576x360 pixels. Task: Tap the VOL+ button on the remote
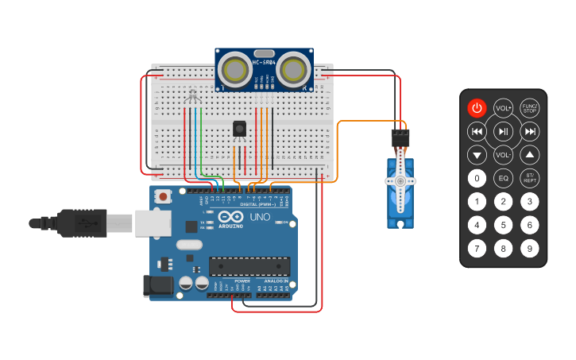(503, 108)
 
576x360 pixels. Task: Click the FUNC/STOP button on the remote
(530, 108)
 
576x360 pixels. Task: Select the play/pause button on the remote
(503, 131)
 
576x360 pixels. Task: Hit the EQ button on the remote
(503, 178)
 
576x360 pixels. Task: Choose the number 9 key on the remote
(530, 249)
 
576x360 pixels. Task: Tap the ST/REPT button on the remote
(530, 178)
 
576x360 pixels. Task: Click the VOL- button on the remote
(503, 154)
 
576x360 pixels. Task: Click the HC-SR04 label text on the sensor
(264, 62)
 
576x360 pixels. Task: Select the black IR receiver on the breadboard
(239, 127)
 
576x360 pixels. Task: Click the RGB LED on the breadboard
(191, 98)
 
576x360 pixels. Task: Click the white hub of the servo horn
(400, 181)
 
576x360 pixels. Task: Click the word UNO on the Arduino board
(261, 216)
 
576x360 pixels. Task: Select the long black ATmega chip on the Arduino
(249, 267)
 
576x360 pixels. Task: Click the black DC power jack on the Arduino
(157, 286)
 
